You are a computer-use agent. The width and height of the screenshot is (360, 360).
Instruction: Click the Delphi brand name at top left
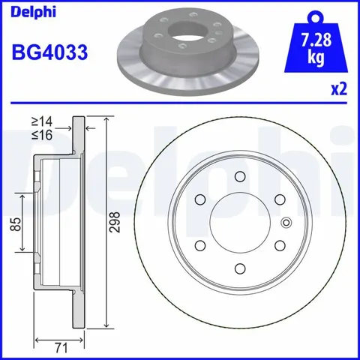[33, 12]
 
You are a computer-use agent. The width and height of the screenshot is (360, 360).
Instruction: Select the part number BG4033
[49, 52]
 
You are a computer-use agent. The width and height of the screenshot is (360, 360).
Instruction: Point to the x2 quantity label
[339, 89]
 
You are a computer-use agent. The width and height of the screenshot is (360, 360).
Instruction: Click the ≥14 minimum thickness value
[42, 121]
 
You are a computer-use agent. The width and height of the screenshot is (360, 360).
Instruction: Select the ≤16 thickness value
[42, 135]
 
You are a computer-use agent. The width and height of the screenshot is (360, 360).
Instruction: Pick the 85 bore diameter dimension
[16, 224]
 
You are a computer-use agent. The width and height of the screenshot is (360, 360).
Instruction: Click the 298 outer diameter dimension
[115, 222]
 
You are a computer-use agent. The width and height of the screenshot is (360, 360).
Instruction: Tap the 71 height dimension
[61, 348]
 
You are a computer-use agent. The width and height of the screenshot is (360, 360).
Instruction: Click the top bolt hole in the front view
[240, 177]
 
